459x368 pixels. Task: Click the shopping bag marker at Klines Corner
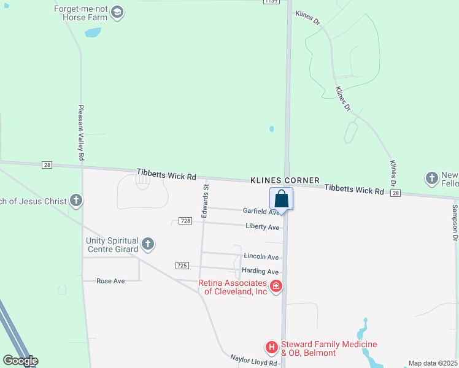click(x=281, y=199)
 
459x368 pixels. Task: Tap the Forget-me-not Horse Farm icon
click(x=117, y=12)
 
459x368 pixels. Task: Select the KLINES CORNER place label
click(x=285, y=180)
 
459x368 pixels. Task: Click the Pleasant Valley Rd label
click(x=80, y=132)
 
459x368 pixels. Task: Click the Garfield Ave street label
click(x=261, y=211)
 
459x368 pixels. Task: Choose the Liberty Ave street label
click(x=262, y=227)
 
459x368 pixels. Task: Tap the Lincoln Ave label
click(x=261, y=257)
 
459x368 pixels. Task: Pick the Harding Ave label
click(x=260, y=272)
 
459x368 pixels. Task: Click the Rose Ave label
click(x=110, y=281)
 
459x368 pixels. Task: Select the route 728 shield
click(x=185, y=221)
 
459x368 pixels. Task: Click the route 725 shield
click(x=181, y=266)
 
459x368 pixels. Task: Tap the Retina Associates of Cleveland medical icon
click(x=276, y=285)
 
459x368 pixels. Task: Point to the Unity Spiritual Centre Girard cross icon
click(x=147, y=245)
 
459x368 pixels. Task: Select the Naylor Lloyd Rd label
click(x=254, y=361)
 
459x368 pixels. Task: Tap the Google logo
click(x=20, y=361)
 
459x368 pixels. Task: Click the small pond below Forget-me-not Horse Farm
click(x=93, y=33)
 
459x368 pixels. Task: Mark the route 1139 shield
click(x=272, y=2)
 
